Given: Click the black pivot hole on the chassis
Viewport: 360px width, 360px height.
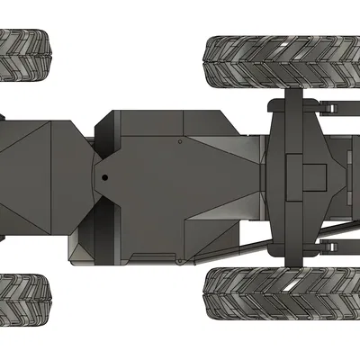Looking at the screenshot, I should pyautogui.click(x=103, y=176).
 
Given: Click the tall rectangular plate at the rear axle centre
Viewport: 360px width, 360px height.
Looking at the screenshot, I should pyautogui.click(x=292, y=175).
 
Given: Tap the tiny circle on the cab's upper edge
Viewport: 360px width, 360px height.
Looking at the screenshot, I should pyautogui.click(x=180, y=140).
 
